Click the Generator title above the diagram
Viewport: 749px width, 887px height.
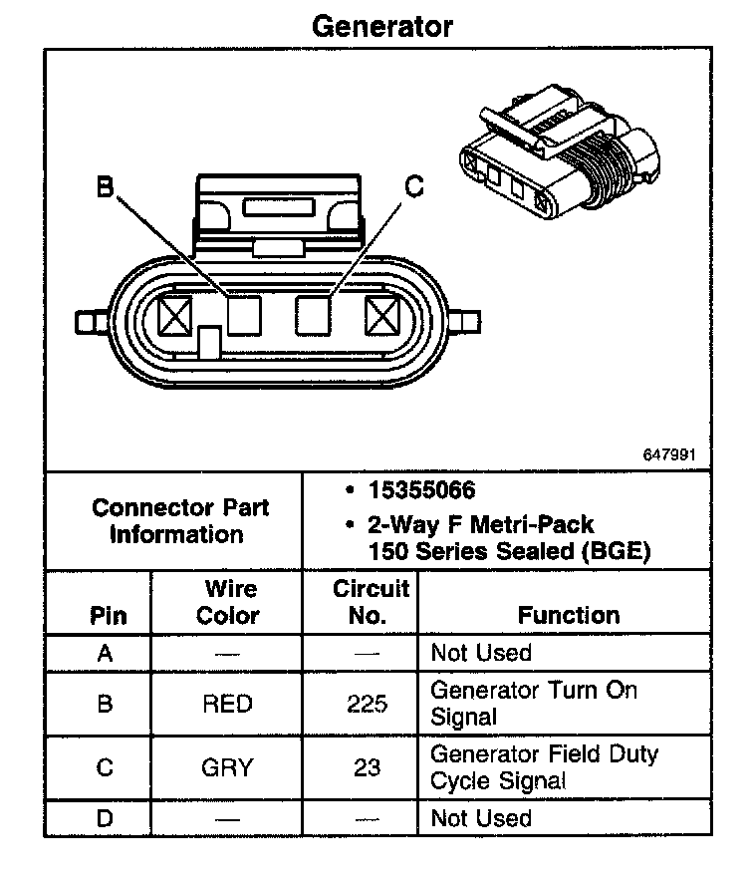click(x=381, y=26)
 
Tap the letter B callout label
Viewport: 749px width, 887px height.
click(x=105, y=186)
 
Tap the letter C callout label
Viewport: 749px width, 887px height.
click(x=414, y=186)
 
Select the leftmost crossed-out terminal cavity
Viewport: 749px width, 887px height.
click(x=175, y=317)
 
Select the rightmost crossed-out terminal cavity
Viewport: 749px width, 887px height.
click(x=381, y=317)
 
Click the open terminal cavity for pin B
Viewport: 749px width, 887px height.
click(x=243, y=317)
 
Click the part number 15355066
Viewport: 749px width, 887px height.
click(x=421, y=491)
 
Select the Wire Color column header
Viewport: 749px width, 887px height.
click(x=228, y=602)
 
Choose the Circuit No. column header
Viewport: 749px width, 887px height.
click(x=371, y=602)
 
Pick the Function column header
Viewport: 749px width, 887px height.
click(x=569, y=615)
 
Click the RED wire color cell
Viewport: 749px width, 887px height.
click(x=227, y=704)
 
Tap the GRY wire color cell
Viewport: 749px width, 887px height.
click(x=227, y=768)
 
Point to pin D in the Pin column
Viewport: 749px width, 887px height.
click(x=105, y=819)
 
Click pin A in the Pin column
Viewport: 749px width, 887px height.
click(x=105, y=654)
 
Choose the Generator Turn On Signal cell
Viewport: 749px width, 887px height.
click(x=534, y=703)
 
